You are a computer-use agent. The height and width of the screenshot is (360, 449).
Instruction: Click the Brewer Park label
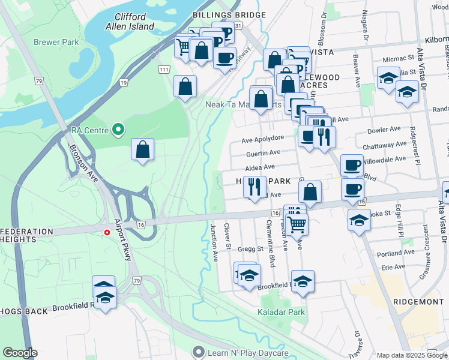[56, 43]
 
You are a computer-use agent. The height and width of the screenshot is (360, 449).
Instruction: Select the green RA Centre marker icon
[119, 130]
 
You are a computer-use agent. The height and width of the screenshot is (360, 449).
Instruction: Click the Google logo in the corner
[20, 353]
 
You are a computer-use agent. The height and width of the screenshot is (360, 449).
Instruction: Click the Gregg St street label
[252, 248]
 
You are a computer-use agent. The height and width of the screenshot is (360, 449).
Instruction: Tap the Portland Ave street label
[397, 254]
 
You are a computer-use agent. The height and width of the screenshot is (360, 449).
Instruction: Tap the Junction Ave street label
[214, 243]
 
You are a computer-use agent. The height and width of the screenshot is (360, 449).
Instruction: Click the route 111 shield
[164, 70]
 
